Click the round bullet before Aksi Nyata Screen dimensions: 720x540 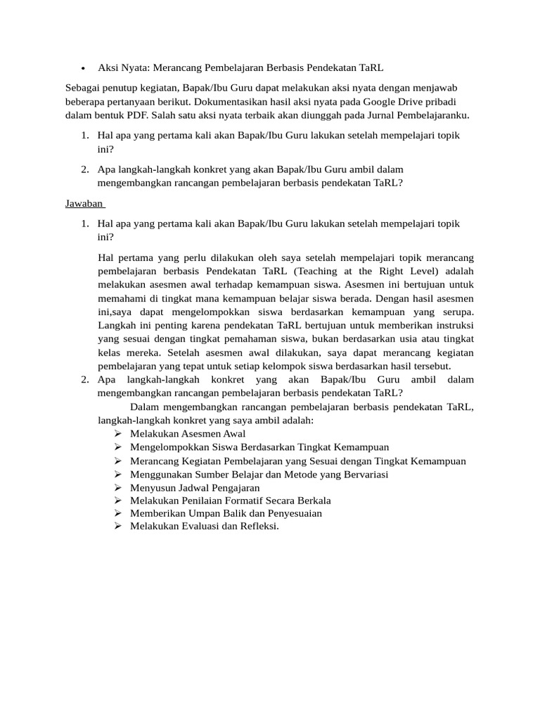(x=83, y=68)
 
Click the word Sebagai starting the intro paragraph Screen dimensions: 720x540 (x=82, y=88)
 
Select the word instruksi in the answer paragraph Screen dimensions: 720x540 (x=451, y=326)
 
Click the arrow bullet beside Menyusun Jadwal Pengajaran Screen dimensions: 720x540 (x=117, y=487)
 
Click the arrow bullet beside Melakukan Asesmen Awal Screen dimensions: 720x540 (x=117, y=434)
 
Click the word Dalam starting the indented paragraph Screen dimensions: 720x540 (x=145, y=406)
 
